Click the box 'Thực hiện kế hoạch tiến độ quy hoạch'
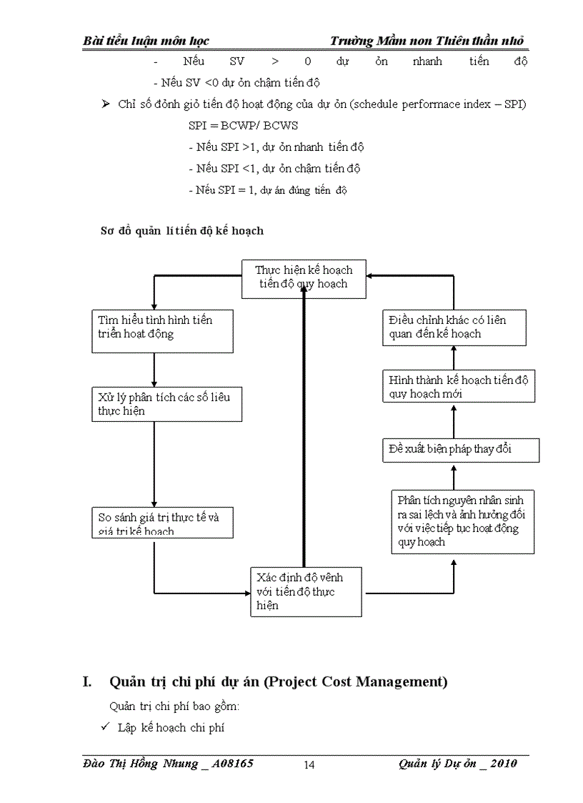coord(303,278)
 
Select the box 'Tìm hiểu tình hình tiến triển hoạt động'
coord(162,330)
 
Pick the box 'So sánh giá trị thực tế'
coord(162,522)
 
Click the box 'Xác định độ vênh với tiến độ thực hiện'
coord(305,591)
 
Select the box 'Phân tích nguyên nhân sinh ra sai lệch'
coord(462,521)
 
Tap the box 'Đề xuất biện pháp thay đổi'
coord(459,450)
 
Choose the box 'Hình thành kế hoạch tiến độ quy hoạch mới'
coord(458,386)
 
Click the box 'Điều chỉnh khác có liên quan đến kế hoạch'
coord(454,327)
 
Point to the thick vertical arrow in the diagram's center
coord(304,429)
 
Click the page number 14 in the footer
coord(309,765)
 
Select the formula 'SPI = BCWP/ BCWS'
coord(244,126)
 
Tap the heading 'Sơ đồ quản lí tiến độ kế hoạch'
coord(181,230)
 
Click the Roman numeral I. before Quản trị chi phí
coord(88,682)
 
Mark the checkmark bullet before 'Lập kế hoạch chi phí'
coord(104,727)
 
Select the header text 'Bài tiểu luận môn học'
coord(146,41)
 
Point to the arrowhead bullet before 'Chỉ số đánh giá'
coord(105,104)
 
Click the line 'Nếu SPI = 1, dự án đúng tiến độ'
coord(268,190)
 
